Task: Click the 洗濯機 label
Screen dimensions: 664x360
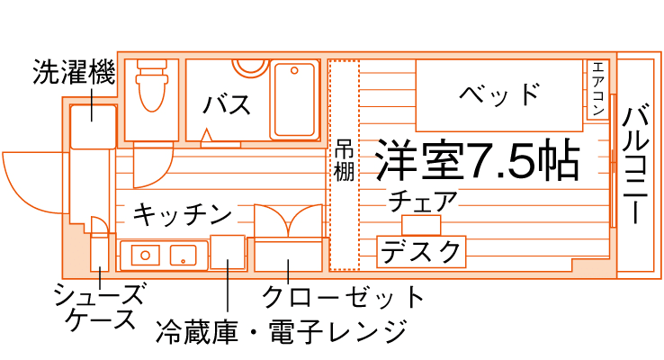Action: coord(74,72)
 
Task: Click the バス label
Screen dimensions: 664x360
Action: coord(227,105)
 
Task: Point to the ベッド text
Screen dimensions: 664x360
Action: coord(498,94)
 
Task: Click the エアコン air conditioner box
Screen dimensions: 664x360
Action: coord(598,89)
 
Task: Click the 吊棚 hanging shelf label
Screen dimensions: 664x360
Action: coord(344,162)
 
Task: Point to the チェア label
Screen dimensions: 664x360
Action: coord(423,202)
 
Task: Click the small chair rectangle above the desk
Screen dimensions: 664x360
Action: coord(421,224)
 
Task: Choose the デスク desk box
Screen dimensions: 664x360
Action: coord(421,252)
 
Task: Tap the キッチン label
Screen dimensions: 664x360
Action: coord(183,214)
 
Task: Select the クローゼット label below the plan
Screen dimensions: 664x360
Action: coord(342,296)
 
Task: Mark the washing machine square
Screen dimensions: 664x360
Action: coord(93,126)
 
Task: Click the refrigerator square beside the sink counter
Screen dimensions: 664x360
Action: coord(228,253)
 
